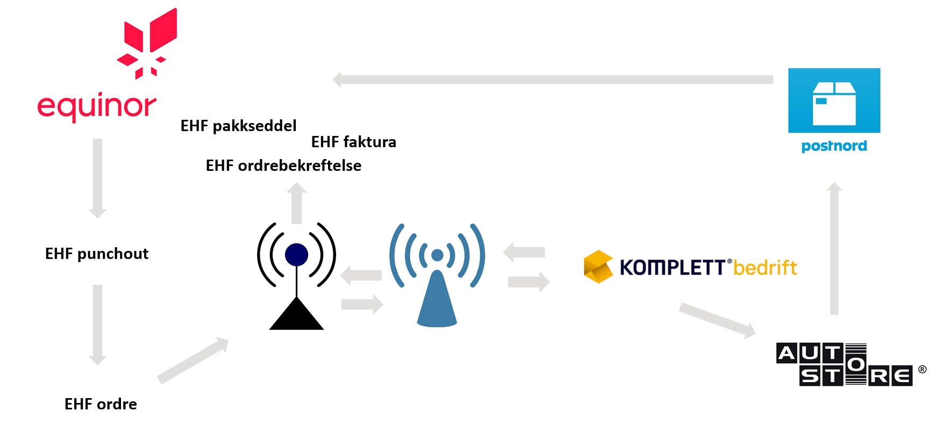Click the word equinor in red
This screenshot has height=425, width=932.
(97, 106)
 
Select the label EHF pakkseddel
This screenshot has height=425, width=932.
(238, 126)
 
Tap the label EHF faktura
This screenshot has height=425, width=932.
(353, 142)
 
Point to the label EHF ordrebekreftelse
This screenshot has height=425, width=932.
(283, 165)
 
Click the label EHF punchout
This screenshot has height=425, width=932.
(97, 254)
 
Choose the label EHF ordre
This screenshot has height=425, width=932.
(101, 404)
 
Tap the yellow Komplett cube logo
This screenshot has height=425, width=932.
(598, 266)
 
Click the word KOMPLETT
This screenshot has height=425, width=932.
(672, 267)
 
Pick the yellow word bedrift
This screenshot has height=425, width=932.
(765, 267)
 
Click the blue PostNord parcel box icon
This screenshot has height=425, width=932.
(834, 100)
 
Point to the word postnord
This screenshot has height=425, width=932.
(834, 146)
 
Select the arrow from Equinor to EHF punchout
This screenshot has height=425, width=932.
(97, 178)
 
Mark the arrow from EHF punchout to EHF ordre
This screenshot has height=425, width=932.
(97, 325)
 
